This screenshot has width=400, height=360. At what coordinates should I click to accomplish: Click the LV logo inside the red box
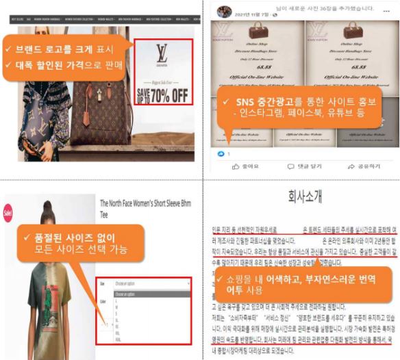click(x=162, y=53)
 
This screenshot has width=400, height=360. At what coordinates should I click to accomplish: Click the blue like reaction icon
click(x=221, y=154)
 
